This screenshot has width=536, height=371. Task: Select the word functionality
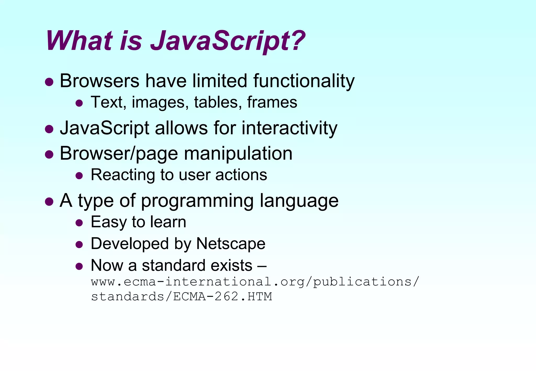(304, 81)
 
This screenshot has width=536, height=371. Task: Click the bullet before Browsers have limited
(49, 82)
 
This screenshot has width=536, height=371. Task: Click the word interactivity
(289, 128)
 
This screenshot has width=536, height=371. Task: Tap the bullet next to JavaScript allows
(49, 129)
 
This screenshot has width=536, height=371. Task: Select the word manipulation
(238, 154)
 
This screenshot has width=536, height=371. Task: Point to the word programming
(197, 201)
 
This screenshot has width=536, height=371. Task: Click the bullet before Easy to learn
(79, 223)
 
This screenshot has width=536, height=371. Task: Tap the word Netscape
(231, 244)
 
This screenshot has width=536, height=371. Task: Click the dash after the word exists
(262, 266)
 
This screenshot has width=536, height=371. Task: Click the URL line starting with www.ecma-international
(255, 282)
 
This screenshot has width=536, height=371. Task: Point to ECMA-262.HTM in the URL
(222, 297)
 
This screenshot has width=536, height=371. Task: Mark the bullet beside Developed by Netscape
(79, 245)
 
